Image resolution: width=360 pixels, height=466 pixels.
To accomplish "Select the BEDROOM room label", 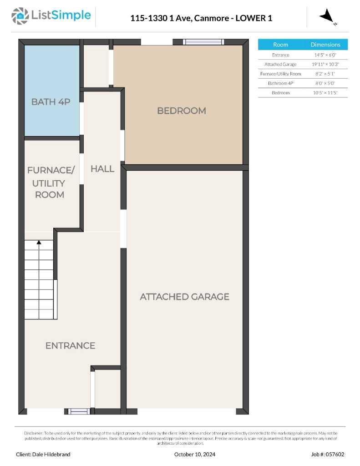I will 181,111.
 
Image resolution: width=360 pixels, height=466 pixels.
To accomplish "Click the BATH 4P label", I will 51,102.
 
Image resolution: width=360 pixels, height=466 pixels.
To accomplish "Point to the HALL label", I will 102,169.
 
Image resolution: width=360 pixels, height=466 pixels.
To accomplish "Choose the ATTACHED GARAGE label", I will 184,297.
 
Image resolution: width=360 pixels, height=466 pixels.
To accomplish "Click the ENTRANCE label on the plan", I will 70,346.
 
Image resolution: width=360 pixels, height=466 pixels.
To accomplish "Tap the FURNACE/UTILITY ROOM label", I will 50,182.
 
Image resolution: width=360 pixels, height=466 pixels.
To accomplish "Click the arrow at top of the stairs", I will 39,243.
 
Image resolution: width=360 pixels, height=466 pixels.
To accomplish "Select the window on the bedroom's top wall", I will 203,42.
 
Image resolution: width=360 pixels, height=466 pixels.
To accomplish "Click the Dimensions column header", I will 325,45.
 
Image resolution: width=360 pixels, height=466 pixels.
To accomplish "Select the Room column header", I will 280,45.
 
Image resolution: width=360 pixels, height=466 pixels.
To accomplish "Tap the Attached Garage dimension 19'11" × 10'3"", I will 325,64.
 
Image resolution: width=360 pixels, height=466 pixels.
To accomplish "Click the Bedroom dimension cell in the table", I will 325,93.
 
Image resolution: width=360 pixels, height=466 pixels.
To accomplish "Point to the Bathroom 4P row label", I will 280,83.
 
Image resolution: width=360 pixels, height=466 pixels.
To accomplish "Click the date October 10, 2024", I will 195,454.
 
